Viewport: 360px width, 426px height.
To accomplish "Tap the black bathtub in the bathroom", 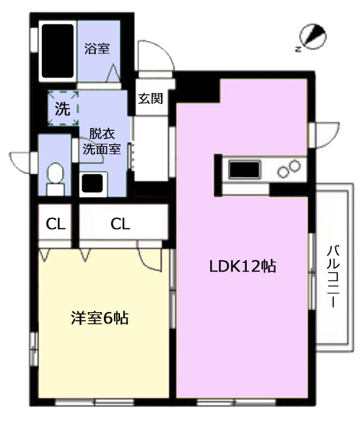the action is [57, 51].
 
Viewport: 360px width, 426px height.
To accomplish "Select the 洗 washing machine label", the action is [63, 109].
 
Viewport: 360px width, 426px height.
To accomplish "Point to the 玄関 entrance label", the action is [150, 98].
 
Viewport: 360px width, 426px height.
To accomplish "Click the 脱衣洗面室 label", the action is [102, 142].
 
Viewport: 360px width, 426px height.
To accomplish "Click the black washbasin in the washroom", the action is [92, 183].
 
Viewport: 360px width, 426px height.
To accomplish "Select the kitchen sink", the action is [245, 170].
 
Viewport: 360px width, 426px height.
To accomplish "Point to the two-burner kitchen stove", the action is [289, 169].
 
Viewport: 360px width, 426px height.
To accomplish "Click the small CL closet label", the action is [56, 224].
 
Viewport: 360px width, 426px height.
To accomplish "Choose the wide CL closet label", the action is [121, 224].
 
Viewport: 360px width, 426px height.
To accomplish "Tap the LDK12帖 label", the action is [243, 266].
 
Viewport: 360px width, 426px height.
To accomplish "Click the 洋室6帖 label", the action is [100, 317].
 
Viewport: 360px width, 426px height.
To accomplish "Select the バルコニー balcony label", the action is [333, 276].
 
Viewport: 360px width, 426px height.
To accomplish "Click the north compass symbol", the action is [311, 37].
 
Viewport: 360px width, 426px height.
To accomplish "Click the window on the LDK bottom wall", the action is [236, 402].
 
